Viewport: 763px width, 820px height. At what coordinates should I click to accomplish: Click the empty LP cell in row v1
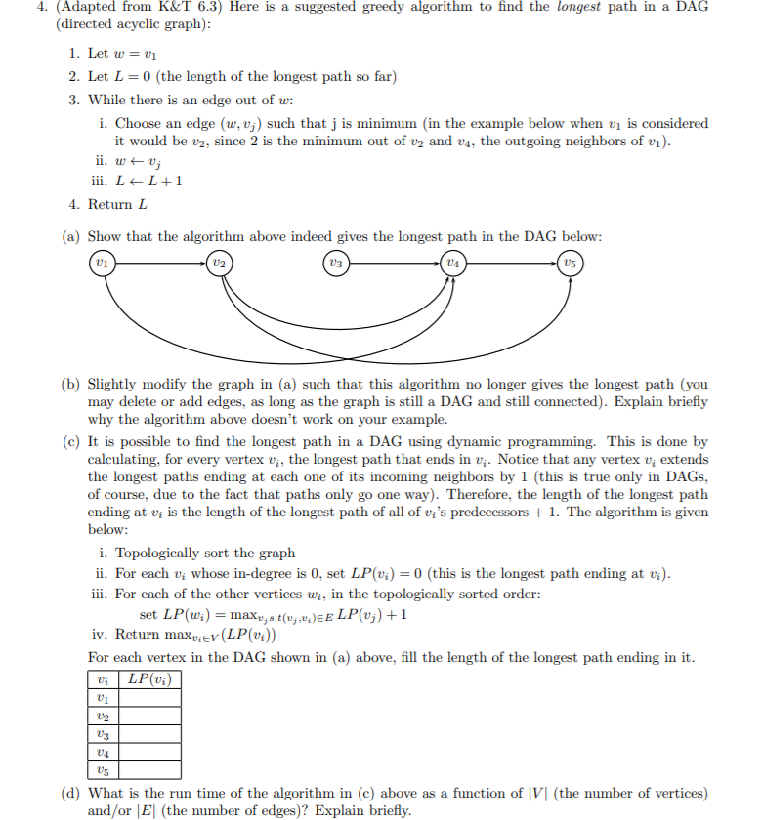[150, 697]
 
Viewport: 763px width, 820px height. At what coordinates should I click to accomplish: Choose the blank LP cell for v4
[150, 752]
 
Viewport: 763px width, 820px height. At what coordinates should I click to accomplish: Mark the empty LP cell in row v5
[150, 770]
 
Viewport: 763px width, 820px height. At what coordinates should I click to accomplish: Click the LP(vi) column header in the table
[150, 678]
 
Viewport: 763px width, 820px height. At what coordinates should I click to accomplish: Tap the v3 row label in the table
[102, 734]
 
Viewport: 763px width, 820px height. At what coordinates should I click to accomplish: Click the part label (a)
[70, 237]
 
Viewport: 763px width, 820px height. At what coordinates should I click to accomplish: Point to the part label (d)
[70, 793]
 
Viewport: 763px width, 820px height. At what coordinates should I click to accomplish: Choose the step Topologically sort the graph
[205, 553]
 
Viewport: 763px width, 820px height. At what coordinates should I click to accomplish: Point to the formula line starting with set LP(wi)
[274, 615]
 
